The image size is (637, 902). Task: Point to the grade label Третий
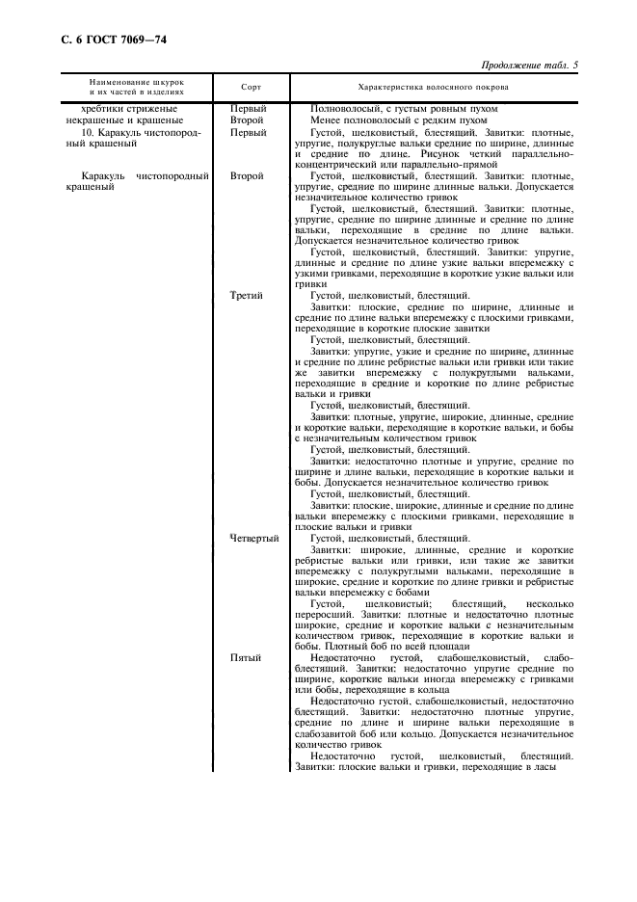point(247,295)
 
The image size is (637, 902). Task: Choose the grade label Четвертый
point(254,539)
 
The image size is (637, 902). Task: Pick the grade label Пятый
point(245,656)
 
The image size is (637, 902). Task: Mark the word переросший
point(327,614)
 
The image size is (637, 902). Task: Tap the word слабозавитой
point(329,734)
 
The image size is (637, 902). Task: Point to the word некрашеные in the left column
point(88,120)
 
